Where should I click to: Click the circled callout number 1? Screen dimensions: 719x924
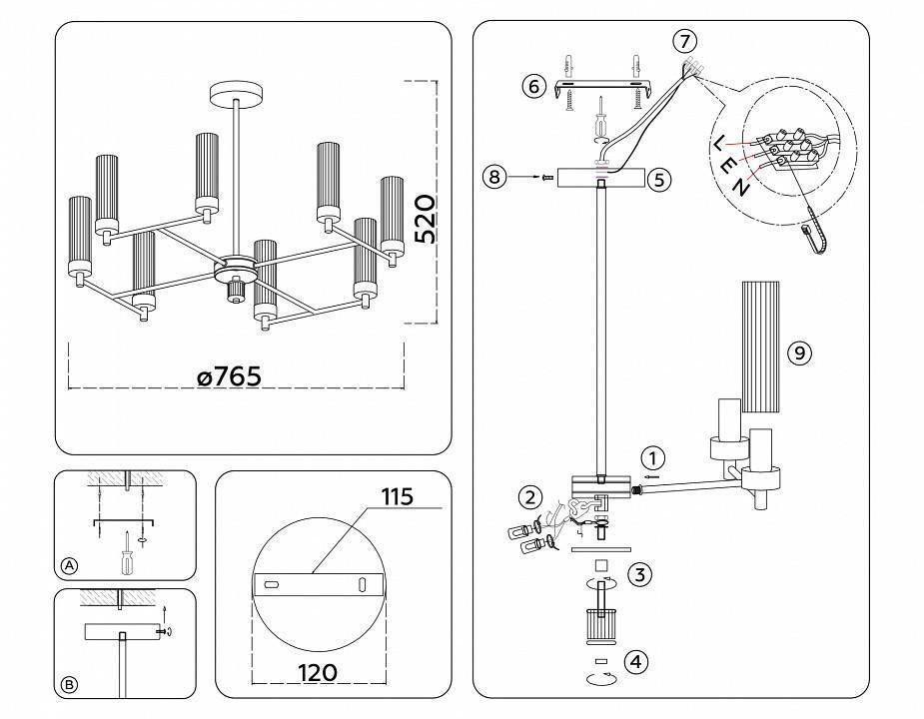point(651,458)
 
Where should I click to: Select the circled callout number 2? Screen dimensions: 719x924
point(530,497)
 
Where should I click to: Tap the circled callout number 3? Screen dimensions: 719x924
point(640,574)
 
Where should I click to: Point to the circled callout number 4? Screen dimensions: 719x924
point(637,661)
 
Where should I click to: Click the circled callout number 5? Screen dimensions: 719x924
point(657,180)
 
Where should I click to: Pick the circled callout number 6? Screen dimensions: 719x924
point(533,86)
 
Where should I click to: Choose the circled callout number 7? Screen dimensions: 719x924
point(683,41)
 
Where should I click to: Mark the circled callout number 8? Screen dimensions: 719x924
point(492,178)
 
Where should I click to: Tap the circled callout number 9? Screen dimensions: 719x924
point(798,353)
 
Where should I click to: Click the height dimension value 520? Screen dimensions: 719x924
point(425,220)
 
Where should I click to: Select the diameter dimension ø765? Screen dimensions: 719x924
point(229,376)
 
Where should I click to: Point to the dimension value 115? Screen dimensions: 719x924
point(396,496)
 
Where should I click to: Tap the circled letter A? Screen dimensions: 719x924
point(69,565)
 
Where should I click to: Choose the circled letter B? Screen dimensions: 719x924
point(69,684)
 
